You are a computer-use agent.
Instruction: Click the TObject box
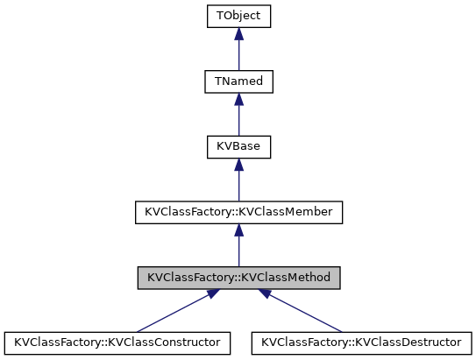[x=238, y=16]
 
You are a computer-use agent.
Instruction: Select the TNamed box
[x=238, y=81]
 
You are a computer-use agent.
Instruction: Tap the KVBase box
[x=238, y=146]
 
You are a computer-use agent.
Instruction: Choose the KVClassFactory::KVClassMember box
[x=238, y=212]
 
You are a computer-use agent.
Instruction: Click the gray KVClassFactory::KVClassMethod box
[x=238, y=278]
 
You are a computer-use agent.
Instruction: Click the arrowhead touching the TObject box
[x=238, y=33]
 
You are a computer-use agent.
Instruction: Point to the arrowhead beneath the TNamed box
[x=238, y=99]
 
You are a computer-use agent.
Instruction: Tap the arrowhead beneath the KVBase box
[x=238, y=165]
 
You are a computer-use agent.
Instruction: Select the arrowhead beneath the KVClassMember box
[x=238, y=230]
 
